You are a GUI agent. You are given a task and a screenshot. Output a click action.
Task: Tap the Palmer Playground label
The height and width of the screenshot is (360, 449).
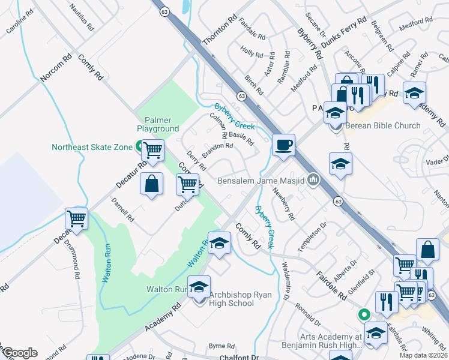tap(158, 124)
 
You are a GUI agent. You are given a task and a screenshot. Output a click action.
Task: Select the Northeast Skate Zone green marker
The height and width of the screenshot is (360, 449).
tap(139, 146)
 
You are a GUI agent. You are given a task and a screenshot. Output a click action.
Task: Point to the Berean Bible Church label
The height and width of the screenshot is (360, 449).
tap(382, 126)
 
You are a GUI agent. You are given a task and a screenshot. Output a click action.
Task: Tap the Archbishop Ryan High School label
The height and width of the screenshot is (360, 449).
tap(231, 298)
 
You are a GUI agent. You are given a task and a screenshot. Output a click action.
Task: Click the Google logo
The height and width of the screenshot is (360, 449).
tap(20, 353)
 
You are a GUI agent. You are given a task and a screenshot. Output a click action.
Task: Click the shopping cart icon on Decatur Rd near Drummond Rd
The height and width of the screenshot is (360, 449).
tap(77, 220)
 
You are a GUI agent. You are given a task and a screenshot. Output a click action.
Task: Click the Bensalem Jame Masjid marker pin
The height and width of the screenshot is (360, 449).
tap(313, 179)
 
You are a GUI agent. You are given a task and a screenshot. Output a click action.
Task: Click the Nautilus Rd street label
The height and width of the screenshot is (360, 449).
tap(82, 19)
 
